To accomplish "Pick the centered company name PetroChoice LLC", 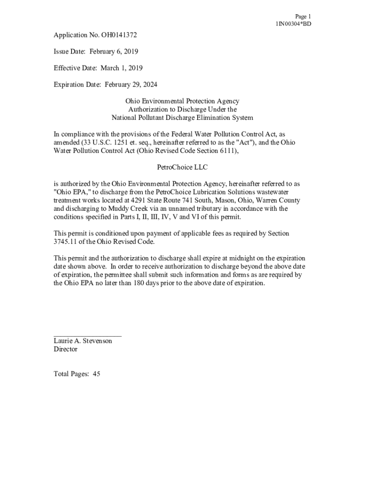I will coord(182,167).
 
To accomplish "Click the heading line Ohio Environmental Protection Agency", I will coord(182,101).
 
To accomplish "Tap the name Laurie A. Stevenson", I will coord(83,341).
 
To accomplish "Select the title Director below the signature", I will coord(65,350).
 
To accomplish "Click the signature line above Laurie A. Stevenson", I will coord(87,335).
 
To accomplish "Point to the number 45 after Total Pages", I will coord(96,374).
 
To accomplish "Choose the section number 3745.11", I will coord(67,242).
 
